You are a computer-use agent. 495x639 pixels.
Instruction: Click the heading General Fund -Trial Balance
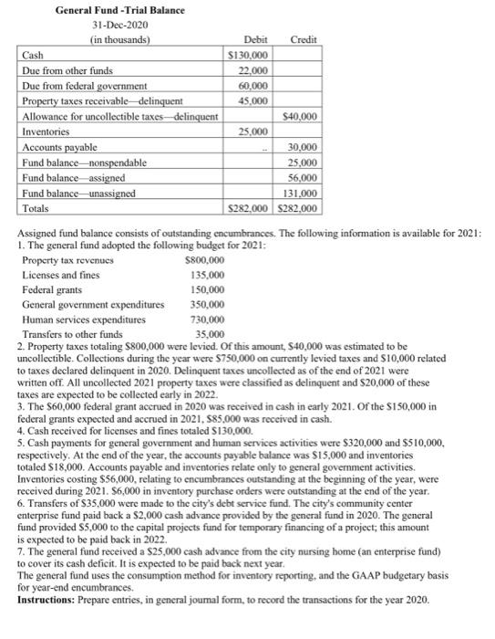point(107,10)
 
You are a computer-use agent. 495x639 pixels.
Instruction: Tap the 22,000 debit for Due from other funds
point(254,70)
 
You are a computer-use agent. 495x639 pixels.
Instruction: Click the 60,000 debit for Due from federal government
point(254,86)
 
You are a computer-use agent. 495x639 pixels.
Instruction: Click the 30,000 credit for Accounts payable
point(303,147)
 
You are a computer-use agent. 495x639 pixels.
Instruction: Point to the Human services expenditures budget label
point(80,320)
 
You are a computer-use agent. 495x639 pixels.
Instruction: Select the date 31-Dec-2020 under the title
point(107,25)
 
